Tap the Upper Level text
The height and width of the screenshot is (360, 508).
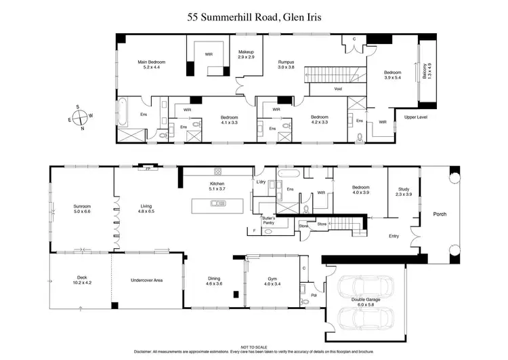(415, 117)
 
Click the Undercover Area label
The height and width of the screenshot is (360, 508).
(146, 279)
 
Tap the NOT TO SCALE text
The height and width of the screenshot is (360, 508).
(253, 346)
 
